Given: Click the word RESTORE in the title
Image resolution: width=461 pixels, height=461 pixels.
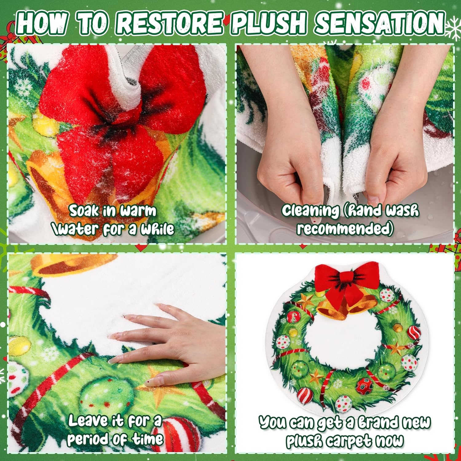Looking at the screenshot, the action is pyautogui.click(x=170, y=23).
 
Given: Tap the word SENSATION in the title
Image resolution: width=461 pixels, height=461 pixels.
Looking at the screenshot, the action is pyautogui.click(x=380, y=23).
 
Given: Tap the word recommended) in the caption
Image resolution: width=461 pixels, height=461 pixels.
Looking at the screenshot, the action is pyautogui.click(x=345, y=229).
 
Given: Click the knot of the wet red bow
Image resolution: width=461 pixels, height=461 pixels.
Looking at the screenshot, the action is pyautogui.click(x=115, y=123).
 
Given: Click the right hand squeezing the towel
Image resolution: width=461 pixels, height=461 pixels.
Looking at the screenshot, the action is pyautogui.click(x=396, y=163).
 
